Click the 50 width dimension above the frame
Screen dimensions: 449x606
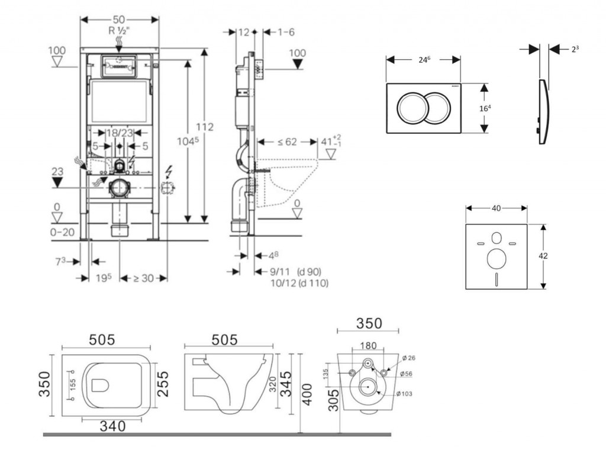120,19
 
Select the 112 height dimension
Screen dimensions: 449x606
205,127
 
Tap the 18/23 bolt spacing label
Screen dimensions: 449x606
119,133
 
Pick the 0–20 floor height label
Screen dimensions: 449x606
62,232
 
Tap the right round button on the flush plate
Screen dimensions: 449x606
437,108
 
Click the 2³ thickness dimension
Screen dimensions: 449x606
575,50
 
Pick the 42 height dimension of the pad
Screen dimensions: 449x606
544,256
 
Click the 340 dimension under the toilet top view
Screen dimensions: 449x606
111,426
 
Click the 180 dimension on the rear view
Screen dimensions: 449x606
368,345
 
